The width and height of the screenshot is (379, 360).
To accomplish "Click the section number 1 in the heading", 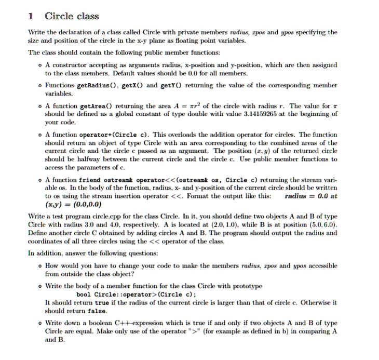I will [31, 16].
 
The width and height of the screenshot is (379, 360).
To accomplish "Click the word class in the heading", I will [88, 16].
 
